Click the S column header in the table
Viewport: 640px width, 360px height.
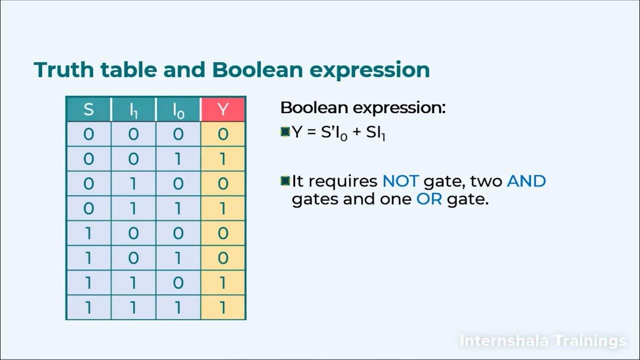88,109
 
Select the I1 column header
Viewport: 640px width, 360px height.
133,109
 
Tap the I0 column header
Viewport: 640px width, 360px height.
178,109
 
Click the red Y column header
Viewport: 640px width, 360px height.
223,109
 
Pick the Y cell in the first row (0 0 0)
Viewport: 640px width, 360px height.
223,134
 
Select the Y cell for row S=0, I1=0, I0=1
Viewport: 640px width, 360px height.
223,159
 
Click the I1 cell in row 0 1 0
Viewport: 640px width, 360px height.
133,183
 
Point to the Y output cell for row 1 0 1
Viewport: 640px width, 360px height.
223,258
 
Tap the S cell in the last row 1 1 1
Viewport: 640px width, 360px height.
88,307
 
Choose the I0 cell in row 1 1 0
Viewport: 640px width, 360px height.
178,282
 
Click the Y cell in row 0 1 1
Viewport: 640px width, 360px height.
223,208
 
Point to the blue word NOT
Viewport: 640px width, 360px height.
400,180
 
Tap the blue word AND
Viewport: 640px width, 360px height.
526,180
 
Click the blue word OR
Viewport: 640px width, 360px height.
429,199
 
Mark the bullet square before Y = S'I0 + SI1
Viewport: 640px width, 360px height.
285,132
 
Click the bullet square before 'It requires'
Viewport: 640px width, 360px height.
285,180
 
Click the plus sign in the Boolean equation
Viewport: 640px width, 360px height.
356,133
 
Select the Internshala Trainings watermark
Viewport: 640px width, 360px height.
542,341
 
